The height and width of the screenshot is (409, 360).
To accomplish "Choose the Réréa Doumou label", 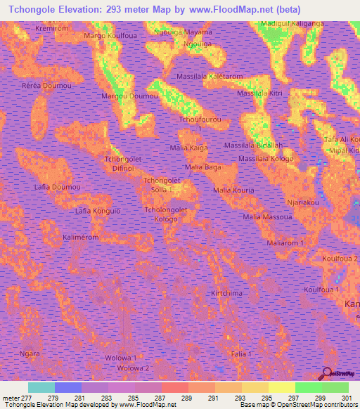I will [47, 85].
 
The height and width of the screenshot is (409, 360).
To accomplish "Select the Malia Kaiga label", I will [189, 148].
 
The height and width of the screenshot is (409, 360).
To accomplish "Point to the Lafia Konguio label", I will [98, 210].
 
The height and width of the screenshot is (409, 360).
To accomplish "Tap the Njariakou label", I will [303, 202].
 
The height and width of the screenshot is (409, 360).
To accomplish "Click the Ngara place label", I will [30, 353].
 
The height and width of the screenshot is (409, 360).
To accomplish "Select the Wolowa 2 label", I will [134, 368].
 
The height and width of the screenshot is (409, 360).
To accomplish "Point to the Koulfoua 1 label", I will [321, 290].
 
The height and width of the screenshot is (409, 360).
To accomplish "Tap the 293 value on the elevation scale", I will [256, 398].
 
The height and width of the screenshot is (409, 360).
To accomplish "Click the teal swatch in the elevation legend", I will [41, 387].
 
